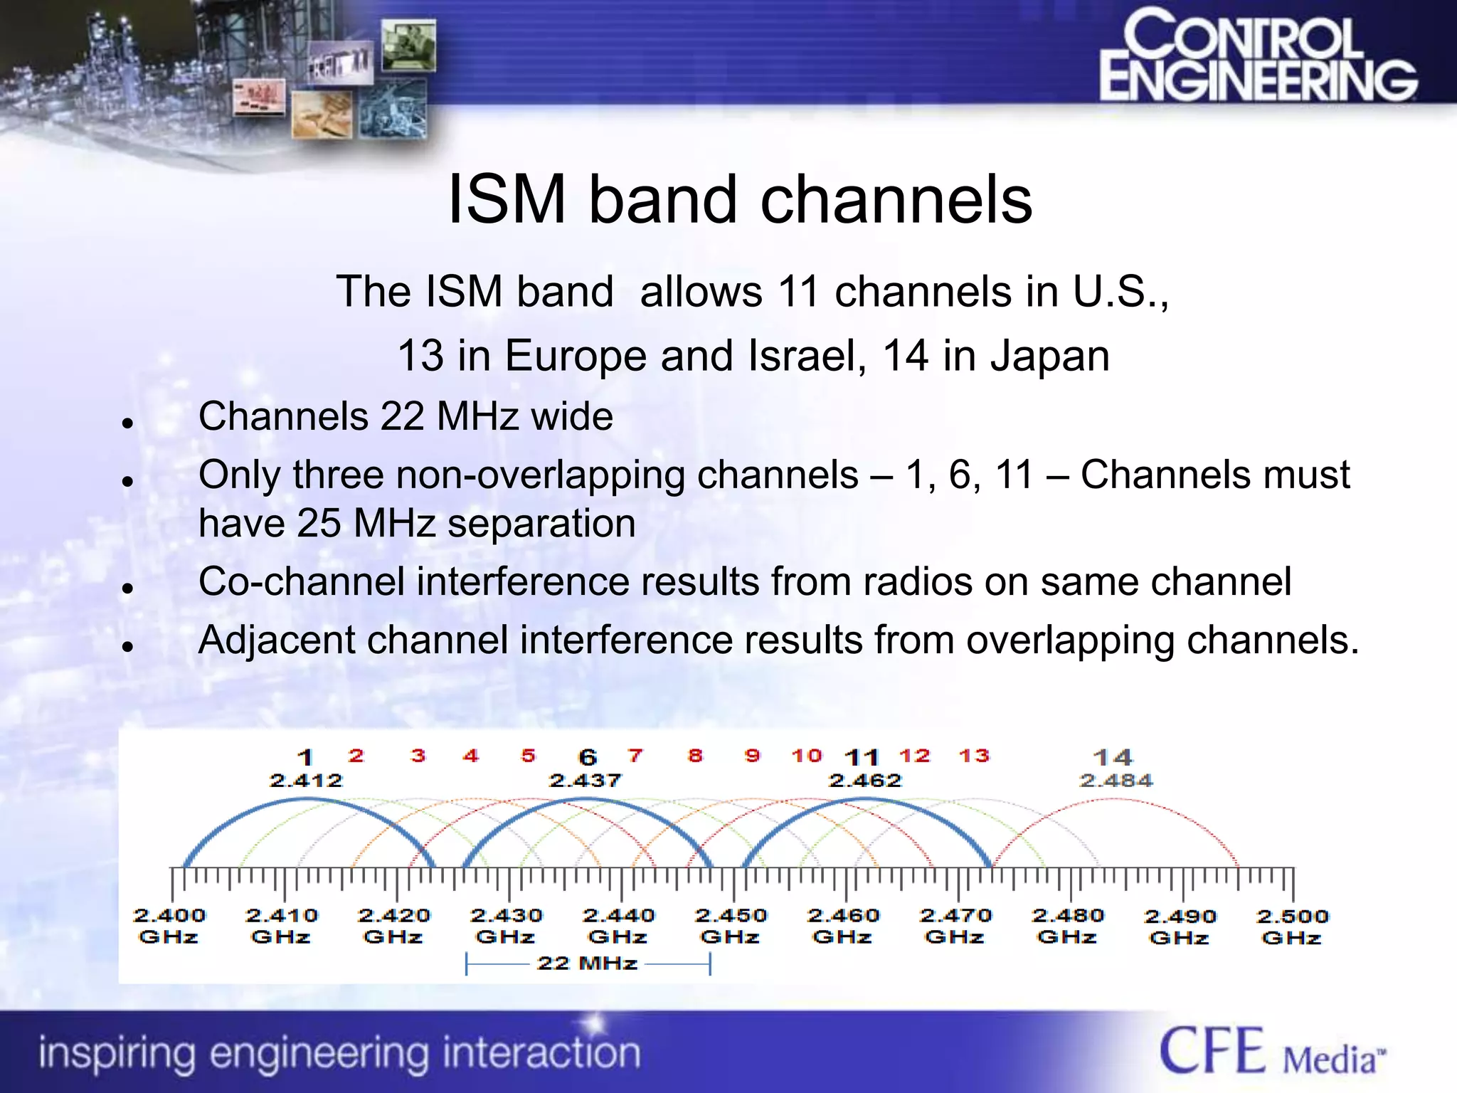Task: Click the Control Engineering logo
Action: (x=1258, y=56)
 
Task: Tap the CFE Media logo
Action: (x=1272, y=1051)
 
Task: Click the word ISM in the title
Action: (x=507, y=200)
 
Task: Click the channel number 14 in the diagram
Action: (x=1113, y=757)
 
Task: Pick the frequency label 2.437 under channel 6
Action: (x=586, y=781)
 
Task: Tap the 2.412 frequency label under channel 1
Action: (x=306, y=781)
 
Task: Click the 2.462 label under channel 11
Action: (x=865, y=781)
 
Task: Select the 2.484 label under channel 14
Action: (x=1116, y=781)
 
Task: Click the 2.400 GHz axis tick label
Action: (x=169, y=926)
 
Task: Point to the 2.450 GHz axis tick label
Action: (x=731, y=926)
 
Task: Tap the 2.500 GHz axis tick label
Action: (x=1292, y=926)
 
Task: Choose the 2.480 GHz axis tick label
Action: (x=1067, y=926)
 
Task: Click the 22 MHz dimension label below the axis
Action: (x=587, y=963)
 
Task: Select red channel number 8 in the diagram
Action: (x=695, y=756)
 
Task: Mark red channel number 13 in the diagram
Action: (x=974, y=756)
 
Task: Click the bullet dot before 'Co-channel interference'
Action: (x=128, y=588)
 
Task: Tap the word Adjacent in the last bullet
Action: (x=281, y=640)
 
